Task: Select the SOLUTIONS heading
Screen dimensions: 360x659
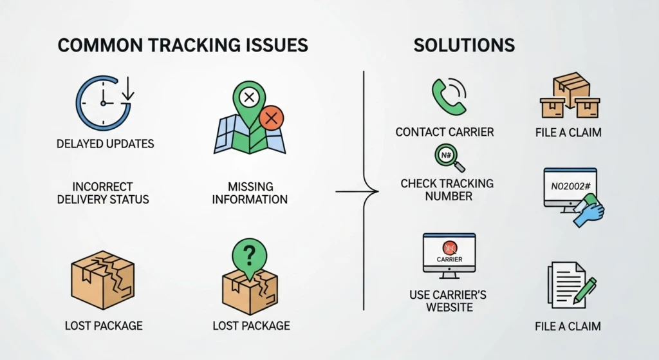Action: (464, 45)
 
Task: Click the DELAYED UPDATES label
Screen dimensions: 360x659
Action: (106, 143)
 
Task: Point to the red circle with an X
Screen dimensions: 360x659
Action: (271, 118)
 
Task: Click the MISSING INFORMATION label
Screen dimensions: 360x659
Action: (250, 193)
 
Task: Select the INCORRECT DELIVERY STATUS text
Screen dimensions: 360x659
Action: (103, 193)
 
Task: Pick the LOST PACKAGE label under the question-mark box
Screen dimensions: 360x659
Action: (251, 326)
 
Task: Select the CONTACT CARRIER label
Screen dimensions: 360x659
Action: (445, 132)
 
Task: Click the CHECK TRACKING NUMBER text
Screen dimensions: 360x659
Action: (447, 189)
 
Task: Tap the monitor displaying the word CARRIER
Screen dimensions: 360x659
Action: (449, 254)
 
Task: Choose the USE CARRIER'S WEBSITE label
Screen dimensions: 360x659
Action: (448, 301)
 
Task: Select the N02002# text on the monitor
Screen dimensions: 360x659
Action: (570, 185)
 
